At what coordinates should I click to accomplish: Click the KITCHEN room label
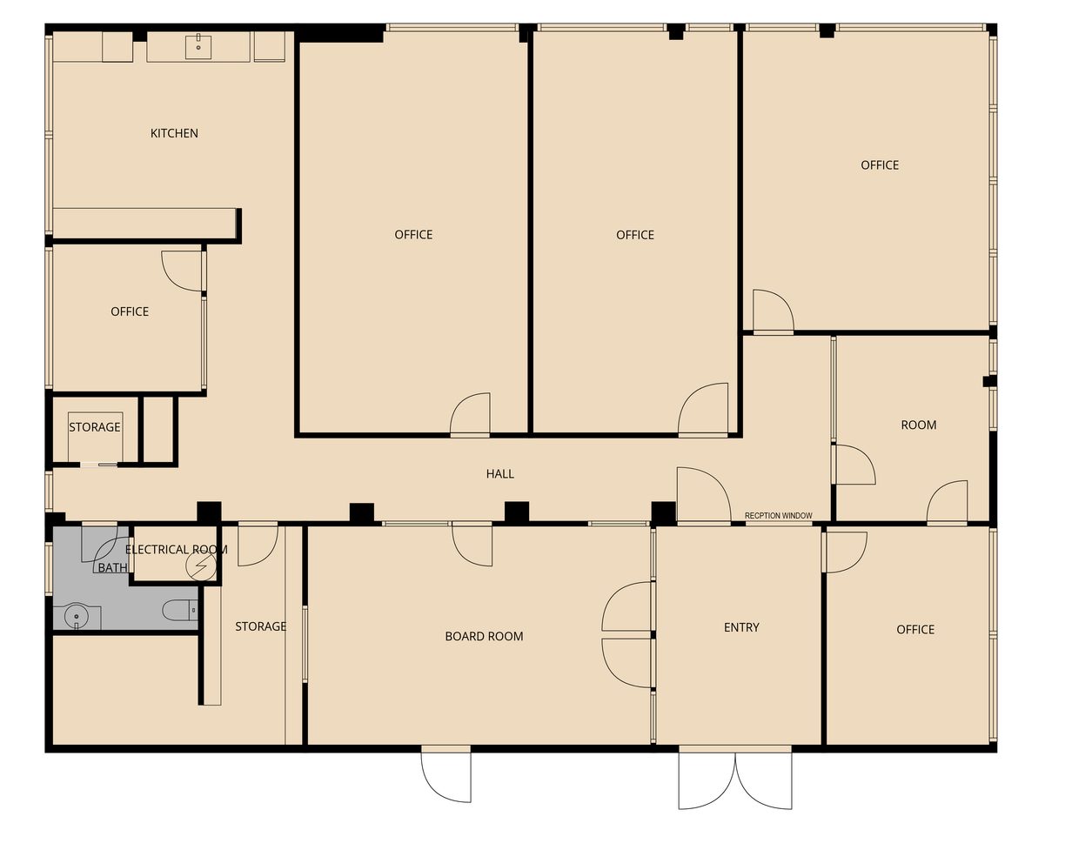174,133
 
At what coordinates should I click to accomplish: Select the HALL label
499,474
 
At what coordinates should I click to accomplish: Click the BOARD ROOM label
484,636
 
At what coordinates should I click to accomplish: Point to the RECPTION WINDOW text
778,516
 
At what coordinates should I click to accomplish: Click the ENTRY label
741,627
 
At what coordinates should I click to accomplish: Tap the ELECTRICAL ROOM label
176,550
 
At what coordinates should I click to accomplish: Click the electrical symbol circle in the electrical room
200,566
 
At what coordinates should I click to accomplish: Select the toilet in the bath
179,611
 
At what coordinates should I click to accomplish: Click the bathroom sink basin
76,615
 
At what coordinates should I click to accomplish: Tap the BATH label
112,568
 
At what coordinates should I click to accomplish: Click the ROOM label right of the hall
918,425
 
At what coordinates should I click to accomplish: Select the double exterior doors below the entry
735,779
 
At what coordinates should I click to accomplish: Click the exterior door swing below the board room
446,774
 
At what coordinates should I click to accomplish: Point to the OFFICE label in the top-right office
879,165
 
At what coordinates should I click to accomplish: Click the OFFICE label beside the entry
915,629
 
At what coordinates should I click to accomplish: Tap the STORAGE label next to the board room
260,626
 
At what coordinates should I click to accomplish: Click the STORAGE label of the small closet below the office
95,427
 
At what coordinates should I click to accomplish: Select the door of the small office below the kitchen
182,271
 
